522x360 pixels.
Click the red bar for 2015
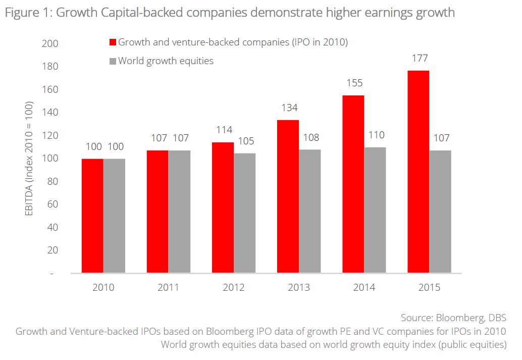click(x=419, y=172)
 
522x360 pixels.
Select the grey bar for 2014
click(x=375, y=210)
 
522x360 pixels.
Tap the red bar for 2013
click(x=288, y=196)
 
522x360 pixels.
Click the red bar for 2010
click(x=92, y=216)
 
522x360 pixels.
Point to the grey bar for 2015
click(x=440, y=212)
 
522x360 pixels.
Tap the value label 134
click(x=289, y=108)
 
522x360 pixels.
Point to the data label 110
click(x=376, y=135)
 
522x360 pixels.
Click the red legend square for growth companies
click(x=113, y=42)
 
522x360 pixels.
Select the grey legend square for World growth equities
click(x=113, y=61)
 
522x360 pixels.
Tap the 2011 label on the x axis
click(x=168, y=287)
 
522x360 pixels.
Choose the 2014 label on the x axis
click(x=364, y=287)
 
